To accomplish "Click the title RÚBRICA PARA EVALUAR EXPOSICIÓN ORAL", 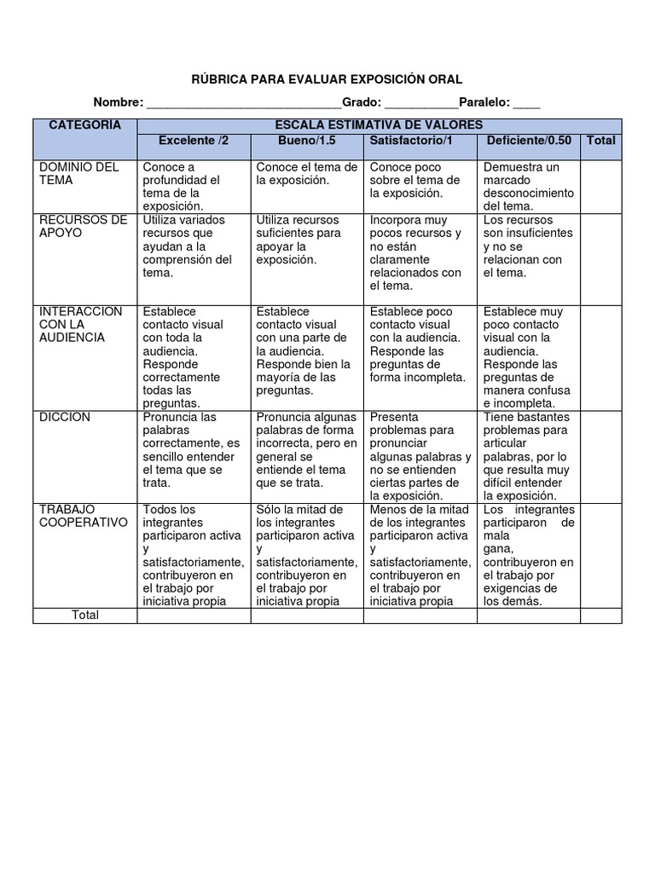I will [327, 79].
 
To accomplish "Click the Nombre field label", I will [118, 103].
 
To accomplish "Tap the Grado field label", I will [361, 103].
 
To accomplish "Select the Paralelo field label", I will [484, 103].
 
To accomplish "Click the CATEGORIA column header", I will [84, 125].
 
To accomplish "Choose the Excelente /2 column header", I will [194, 141].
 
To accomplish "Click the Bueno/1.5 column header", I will [307, 141].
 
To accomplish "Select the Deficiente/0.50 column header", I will [529, 141].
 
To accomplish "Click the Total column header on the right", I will [600, 141].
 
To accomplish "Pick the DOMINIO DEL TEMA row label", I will [79, 174].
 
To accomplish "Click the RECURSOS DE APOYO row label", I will [83, 227].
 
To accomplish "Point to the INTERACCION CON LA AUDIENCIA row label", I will [80, 325].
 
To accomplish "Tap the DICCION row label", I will [65, 418].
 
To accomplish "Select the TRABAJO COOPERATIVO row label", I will [83, 516].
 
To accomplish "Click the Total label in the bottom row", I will [85, 616].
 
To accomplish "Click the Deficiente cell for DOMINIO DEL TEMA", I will [529, 187].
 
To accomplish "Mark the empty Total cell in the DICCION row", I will [600, 456].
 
